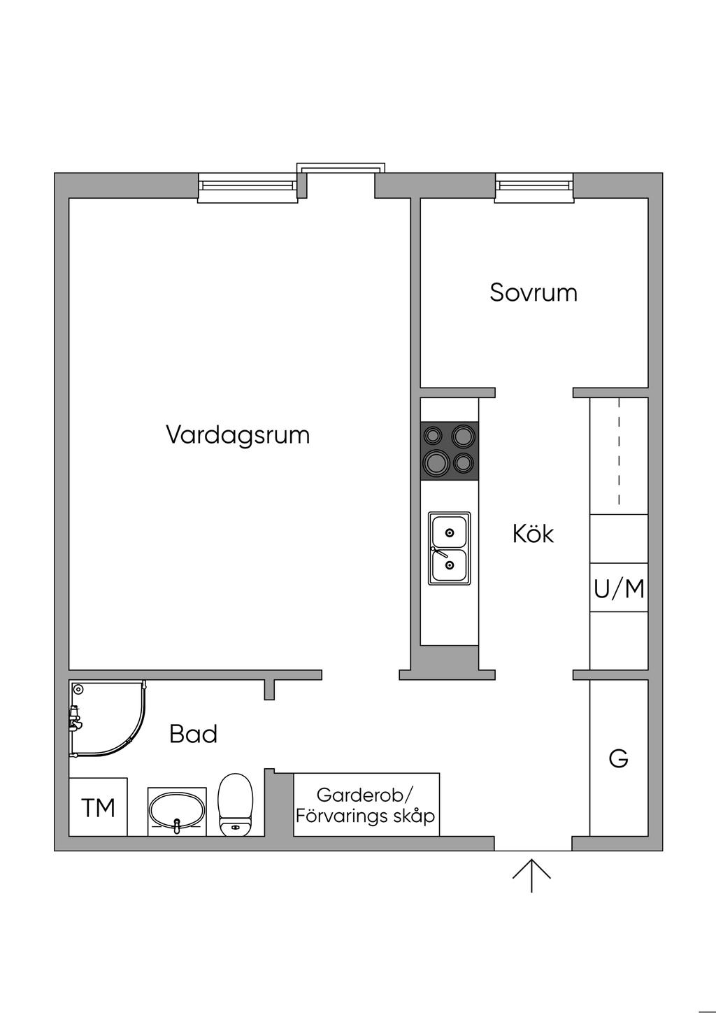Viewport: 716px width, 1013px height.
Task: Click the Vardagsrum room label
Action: [x=238, y=434]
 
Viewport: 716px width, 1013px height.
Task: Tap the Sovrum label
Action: [x=534, y=292]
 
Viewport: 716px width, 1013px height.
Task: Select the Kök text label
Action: [x=533, y=534]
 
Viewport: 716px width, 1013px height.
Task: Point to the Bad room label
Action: [x=194, y=734]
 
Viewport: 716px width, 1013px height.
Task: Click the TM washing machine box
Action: [x=98, y=807]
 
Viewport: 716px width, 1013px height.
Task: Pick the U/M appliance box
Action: [x=619, y=588]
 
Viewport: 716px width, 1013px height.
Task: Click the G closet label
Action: [x=619, y=758]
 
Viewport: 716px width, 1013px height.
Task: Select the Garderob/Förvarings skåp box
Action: [x=366, y=805]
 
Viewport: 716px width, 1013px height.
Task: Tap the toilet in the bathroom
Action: [x=235, y=805]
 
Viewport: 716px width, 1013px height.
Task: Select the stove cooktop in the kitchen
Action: [x=449, y=451]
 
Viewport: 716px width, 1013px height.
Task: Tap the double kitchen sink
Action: [x=449, y=548]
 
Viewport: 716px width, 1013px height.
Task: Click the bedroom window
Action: [x=534, y=186]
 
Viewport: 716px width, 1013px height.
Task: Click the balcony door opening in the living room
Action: [x=341, y=183]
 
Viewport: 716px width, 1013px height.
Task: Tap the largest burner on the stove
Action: [x=436, y=462]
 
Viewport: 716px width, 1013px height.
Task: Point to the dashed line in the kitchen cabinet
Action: [x=619, y=451]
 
